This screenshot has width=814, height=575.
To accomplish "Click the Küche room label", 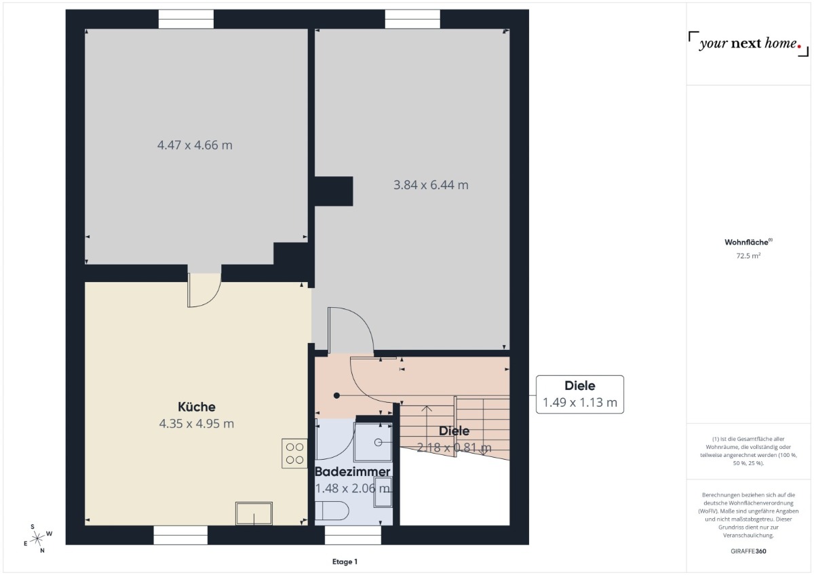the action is [x=196, y=407].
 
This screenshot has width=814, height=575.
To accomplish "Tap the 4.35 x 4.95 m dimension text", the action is [x=196, y=424].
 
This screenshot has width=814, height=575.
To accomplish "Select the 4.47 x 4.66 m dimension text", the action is [x=195, y=145].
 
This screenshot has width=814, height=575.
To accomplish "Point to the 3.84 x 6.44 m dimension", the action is [x=431, y=185].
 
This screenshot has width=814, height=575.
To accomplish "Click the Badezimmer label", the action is [x=352, y=471].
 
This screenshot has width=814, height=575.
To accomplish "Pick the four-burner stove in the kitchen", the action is [x=294, y=454].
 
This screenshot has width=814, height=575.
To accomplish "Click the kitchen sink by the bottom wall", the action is [x=254, y=513].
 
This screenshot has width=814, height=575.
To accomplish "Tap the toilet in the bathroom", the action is [x=332, y=511].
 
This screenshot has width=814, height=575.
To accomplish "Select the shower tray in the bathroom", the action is [x=373, y=442].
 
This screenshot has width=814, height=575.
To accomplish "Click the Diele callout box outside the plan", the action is [x=580, y=395].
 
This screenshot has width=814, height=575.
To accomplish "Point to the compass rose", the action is [x=37, y=538].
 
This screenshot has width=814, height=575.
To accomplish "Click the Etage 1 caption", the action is [x=345, y=561].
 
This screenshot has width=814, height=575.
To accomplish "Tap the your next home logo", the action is [x=749, y=43].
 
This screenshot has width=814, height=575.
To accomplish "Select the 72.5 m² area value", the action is [x=749, y=256].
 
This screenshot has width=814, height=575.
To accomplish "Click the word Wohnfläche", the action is [x=746, y=242].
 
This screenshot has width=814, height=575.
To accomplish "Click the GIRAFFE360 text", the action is [x=749, y=551].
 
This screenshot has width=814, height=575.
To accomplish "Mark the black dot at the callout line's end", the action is [x=337, y=395].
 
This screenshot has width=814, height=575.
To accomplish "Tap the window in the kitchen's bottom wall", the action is [x=180, y=535].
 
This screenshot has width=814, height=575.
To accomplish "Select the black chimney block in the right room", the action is [x=334, y=191].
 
